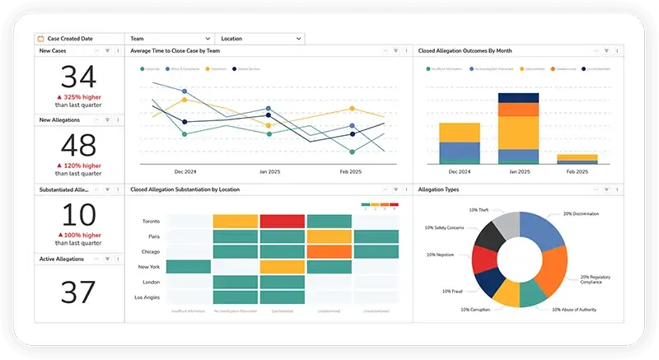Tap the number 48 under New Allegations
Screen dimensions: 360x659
coord(78,146)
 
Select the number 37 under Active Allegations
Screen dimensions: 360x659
coord(78,292)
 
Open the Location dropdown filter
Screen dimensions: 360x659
coord(259,39)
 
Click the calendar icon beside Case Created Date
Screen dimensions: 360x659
coord(40,39)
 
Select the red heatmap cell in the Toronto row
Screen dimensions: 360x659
coord(283,221)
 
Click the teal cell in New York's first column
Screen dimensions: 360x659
coord(189,267)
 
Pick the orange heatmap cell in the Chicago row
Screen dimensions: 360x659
coord(329,251)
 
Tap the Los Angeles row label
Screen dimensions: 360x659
coord(147,297)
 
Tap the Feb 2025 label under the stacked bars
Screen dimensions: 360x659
coord(577,171)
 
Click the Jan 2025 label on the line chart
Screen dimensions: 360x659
coord(269,171)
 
